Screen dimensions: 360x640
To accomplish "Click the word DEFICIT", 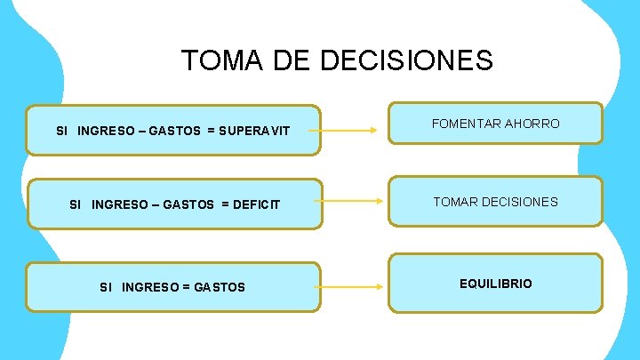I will pos(257,205).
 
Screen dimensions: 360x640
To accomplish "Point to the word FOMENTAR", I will pos(465,124).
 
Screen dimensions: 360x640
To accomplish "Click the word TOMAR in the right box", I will pos(454,202).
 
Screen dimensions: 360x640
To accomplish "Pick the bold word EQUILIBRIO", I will pos(496,284).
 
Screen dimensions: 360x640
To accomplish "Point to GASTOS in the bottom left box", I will pos(219,287).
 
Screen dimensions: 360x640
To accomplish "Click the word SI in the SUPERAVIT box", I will pos(61,131).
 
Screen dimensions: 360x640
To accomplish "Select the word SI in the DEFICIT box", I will pos(75,205).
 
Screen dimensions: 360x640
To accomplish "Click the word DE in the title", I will pos(290,60).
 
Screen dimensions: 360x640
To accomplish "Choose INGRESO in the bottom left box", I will pos(147,287).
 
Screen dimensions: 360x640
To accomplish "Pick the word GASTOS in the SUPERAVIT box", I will pos(174,131).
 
